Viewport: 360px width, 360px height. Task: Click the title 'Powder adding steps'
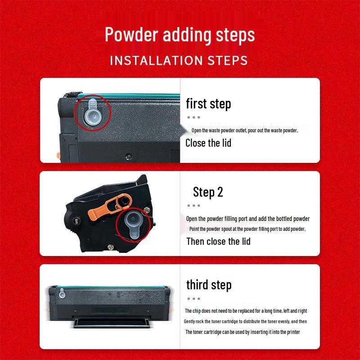click(180, 35)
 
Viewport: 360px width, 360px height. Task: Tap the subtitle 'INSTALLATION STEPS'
click(179, 60)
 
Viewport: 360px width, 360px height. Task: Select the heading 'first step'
click(208, 104)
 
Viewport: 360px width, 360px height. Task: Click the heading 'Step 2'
click(208, 192)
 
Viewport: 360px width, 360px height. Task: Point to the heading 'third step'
click(209, 285)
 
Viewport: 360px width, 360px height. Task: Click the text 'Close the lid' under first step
click(208, 143)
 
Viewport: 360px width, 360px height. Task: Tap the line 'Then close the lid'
click(218, 241)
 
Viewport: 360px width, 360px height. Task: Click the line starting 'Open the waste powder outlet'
click(245, 130)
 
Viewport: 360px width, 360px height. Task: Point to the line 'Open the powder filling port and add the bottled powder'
click(248, 219)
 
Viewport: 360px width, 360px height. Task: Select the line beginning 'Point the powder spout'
click(247, 229)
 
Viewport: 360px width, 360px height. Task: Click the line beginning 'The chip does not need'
click(246, 311)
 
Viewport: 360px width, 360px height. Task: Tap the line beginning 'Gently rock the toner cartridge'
click(245, 321)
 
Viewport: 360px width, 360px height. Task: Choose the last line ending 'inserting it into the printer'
click(243, 332)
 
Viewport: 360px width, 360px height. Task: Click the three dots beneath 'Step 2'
click(193, 205)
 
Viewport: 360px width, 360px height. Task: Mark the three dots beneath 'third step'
click(193, 298)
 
